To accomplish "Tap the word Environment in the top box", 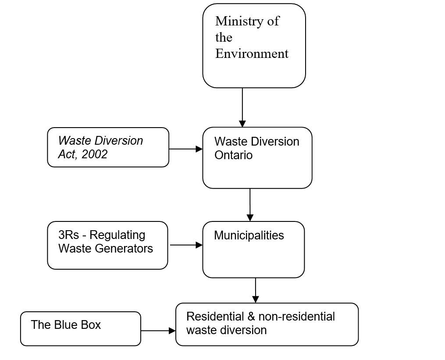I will click(x=252, y=54).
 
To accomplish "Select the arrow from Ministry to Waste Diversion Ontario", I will click(x=242, y=107).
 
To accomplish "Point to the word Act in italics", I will click(x=67, y=154).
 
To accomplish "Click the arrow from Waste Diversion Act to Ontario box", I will click(x=185, y=149).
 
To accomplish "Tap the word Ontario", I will click(x=233, y=155).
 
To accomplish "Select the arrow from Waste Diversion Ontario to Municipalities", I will click(x=250, y=205).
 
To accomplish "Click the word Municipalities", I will click(x=249, y=235).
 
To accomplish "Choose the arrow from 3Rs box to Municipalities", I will click(x=186, y=245).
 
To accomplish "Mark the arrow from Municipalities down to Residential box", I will click(x=256, y=290).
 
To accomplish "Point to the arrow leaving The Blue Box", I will click(x=158, y=331).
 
